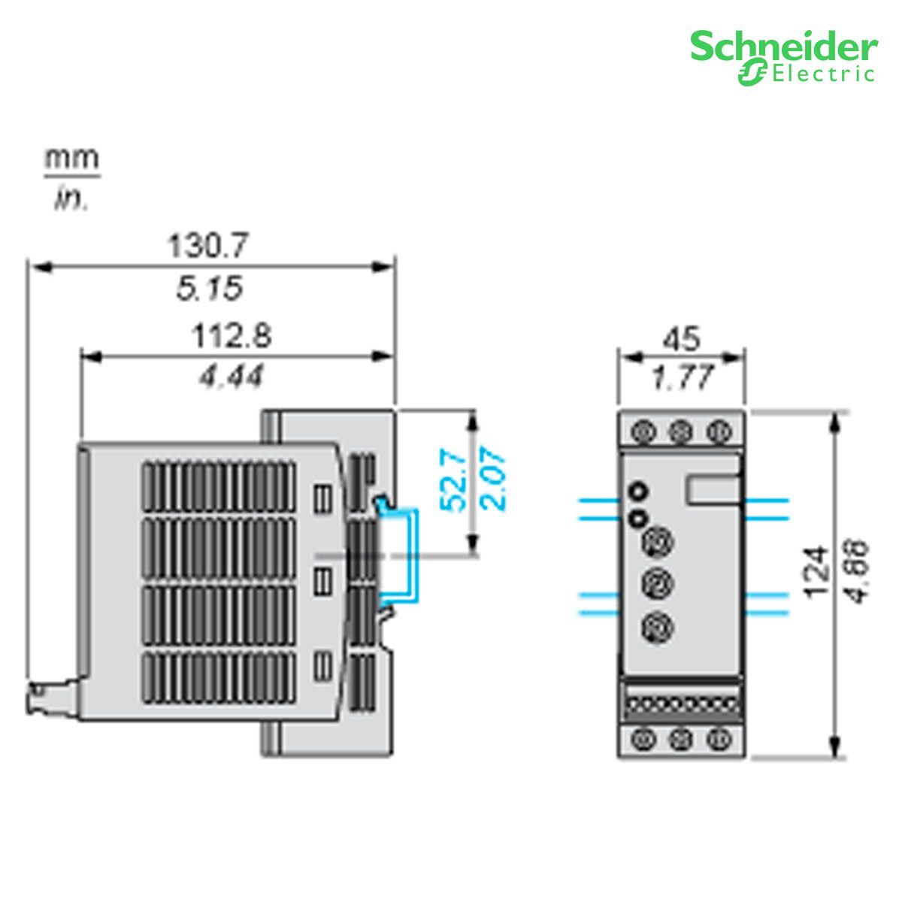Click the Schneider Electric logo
click(783, 56)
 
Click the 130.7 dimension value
click(207, 246)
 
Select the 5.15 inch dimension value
click(210, 288)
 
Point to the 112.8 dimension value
click(232, 335)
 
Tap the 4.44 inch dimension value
click(232, 376)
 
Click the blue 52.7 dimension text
click(453, 479)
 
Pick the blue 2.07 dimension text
click(495, 479)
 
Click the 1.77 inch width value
click(681, 377)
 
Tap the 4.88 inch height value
click(858, 571)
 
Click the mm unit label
click(71, 159)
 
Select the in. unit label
click(71, 200)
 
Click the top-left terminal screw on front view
click(643, 431)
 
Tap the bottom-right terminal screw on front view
click(719, 740)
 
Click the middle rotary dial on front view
click(656, 583)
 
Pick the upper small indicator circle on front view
click(638, 492)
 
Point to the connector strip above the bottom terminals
click(681, 705)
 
